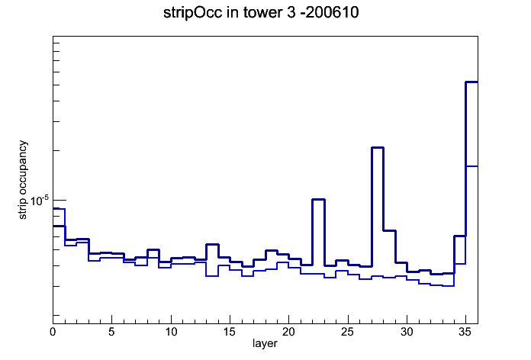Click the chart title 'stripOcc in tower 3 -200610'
[261, 13]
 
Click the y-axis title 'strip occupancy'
[23, 180]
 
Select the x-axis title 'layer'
[265, 343]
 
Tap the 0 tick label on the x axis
[53, 332]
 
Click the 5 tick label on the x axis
[111, 332]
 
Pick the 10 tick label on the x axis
[171, 332]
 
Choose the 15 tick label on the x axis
[230, 332]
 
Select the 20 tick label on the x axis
[288, 332]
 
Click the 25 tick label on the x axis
[347, 332]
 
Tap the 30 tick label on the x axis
[407, 332]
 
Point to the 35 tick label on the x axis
[465, 332]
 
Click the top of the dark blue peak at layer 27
[378, 148]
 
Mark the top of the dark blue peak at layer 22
[318, 200]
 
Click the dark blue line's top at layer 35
[471, 82]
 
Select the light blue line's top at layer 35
[471, 166]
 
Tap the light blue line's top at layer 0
[59, 209]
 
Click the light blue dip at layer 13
[212, 276]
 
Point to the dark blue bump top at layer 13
[212, 244]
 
